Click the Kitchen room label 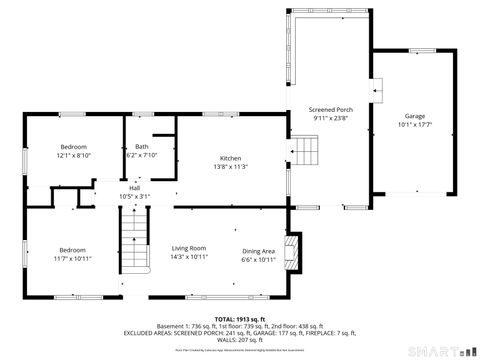pos(231,158)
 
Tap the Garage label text pos(414,116)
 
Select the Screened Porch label pos(330,109)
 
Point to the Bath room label pos(142,146)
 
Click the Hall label pos(134,188)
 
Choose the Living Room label pos(189,248)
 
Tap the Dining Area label pos(259,250)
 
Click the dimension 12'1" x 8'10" pos(74,156)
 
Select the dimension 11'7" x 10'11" pos(72,259)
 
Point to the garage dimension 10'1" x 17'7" pos(414,125)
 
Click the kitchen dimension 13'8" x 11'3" pos(231,167)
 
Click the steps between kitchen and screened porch pos(305,152)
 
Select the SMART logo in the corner pos(439,351)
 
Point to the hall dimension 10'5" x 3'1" pos(134,196)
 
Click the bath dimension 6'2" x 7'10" pos(142,155)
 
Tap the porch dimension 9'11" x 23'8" pos(330,118)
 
